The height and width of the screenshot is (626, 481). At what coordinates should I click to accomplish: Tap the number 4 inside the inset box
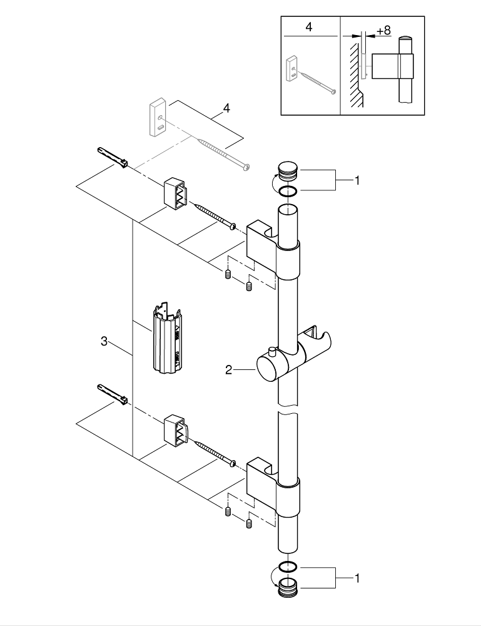(309, 29)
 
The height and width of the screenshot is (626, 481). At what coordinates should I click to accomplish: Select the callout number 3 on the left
(104, 341)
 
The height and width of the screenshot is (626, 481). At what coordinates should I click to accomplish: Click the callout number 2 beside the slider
(229, 370)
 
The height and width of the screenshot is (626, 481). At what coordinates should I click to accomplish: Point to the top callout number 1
(357, 181)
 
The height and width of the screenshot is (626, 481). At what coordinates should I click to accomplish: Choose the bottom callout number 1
(357, 580)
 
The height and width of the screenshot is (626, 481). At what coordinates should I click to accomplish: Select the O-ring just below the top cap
(288, 192)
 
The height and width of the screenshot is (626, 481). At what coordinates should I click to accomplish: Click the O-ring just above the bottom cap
(288, 567)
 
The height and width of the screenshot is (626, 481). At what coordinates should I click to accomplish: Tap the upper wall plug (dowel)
(113, 157)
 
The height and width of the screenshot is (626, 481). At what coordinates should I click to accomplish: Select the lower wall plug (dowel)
(113, 394)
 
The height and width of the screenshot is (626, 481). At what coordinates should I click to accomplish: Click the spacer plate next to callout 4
(156, 117)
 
